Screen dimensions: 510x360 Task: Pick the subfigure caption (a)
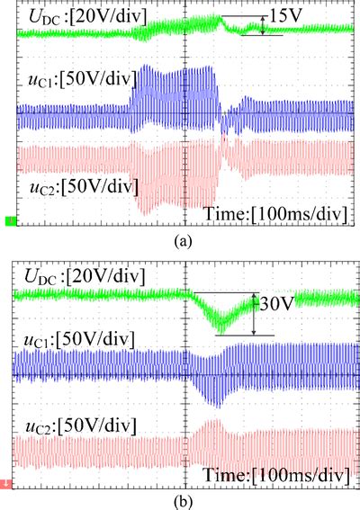pyautogui.click(x=180, y=239)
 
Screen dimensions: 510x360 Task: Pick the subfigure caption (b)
pyautogui.click(x=180, y=497)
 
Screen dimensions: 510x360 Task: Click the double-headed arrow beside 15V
pyautogui.click(x=262, y=25)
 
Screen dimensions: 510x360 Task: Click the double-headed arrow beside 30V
pyautogui.click(x=255, y=313)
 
